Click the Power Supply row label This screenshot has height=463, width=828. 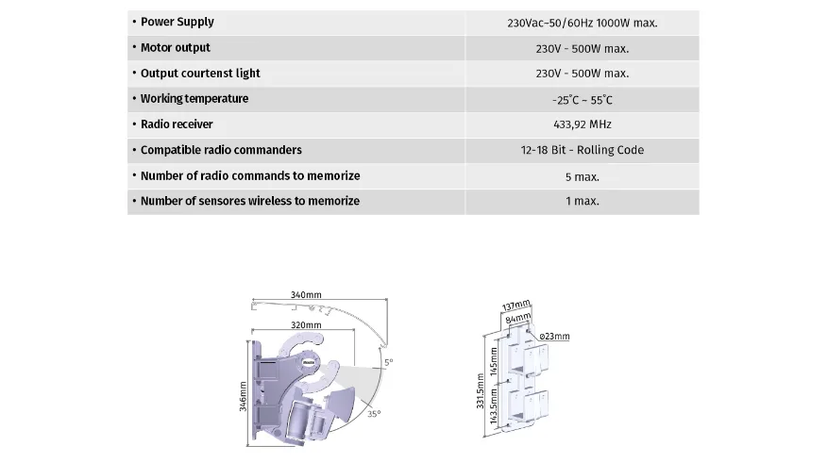coord(177,22)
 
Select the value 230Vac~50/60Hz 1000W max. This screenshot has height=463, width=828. coord(582,24)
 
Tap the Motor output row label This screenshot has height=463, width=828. coord(176,47)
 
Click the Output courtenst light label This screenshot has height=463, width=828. coord(200,74)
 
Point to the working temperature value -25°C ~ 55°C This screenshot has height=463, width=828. coord(582,100)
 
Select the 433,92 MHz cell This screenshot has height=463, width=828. coord(582,124)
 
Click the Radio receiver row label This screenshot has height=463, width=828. coord(177,124)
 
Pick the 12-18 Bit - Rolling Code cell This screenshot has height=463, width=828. coord(582,150)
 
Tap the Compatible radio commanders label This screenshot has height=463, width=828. coord(221,150)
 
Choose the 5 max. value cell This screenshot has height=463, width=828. coord(582,177)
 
